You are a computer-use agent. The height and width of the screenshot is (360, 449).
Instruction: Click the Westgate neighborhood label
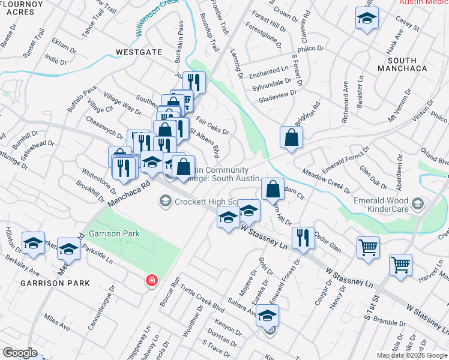139,52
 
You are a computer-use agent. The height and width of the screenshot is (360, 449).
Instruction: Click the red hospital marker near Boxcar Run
152,280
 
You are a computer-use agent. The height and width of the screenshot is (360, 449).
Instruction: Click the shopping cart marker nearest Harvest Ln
400,265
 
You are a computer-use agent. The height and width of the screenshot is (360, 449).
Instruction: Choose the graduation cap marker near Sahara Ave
268,316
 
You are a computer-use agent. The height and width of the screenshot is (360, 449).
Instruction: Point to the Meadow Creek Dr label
327,181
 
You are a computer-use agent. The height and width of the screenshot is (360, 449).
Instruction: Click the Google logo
19,353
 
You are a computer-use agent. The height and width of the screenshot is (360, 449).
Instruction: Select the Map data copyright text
412,355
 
